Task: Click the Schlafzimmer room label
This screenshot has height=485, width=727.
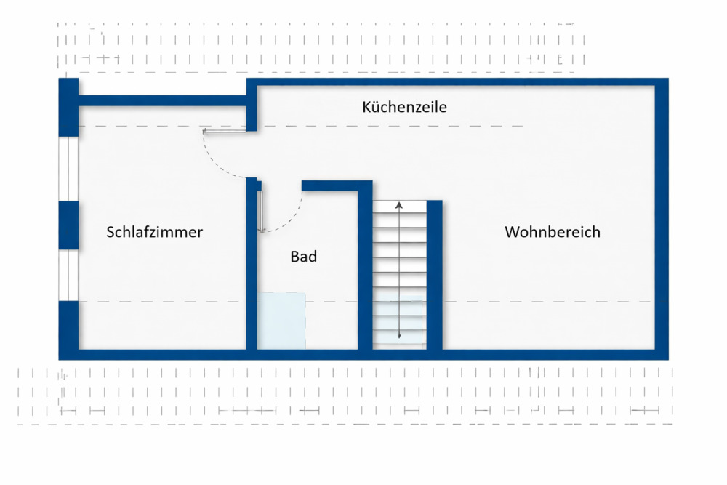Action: [154, 232]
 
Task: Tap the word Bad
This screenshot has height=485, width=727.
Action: [304, 257]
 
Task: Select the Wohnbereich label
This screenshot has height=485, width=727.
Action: [553, 232]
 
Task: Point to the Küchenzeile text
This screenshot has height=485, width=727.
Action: [404, 107]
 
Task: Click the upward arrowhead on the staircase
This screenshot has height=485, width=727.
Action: [398, 205]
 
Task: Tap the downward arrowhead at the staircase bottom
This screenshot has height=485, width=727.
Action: [399, 336]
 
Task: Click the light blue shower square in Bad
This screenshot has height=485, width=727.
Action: [281, 321]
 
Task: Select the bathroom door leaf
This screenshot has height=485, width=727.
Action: [261, 211]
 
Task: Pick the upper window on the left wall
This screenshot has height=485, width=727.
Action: [68, 169]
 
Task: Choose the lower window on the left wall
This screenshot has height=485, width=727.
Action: [68, 276]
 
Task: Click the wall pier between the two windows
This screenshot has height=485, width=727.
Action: [68, 225]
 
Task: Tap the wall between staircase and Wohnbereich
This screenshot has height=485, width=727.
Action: [435, 275]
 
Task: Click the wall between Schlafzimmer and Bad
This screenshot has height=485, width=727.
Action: [252, 263]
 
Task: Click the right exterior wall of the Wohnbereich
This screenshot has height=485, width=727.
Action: [662, 219]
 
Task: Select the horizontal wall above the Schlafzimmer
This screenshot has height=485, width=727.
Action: [162, 100]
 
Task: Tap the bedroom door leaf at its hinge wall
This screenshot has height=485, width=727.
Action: [225, 131]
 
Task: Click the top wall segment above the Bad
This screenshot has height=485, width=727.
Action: [337, 186]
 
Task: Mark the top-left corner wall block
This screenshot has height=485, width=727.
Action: [68, 107]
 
